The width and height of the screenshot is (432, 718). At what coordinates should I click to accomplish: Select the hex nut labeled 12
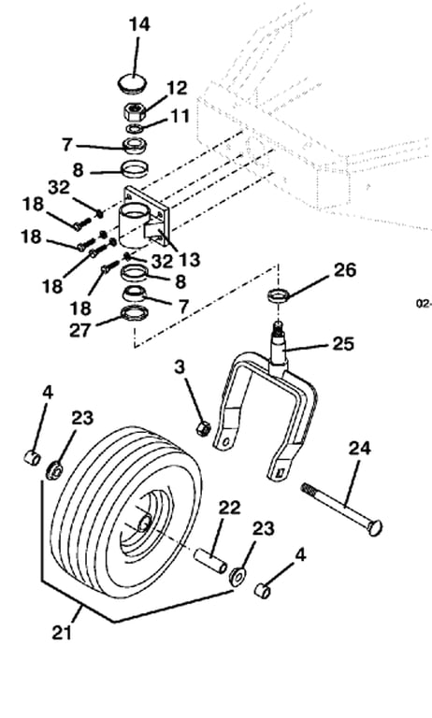point(134,110)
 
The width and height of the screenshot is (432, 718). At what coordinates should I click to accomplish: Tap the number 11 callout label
point(180,116)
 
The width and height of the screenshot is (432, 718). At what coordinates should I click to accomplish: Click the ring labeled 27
point(134,314)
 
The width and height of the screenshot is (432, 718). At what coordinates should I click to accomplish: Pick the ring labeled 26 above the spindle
point(278,294)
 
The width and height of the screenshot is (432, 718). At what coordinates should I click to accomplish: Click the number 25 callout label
point(343,343)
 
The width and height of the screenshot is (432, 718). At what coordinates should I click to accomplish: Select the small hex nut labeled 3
point(203,428)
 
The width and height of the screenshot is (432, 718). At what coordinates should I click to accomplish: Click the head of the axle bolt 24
point(374,527)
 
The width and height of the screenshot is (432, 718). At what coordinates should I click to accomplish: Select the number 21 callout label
point(62,632)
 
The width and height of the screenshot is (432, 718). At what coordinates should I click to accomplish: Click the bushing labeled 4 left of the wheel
point(32,457)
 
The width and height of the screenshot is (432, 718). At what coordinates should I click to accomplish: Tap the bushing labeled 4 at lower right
point(263,590)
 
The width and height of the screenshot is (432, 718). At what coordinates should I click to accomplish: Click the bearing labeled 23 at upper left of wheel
point(54,470)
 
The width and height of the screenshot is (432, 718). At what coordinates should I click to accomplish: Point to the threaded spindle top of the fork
point(278,327)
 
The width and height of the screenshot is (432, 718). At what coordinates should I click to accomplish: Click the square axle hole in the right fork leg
point(280,471)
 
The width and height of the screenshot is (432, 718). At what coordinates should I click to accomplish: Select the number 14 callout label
point(139,24)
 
